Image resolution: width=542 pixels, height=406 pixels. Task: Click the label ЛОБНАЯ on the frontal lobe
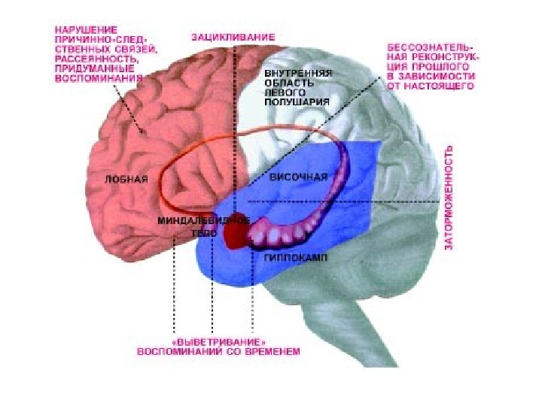point(127,179)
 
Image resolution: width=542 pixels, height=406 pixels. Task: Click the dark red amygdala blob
point(235,236)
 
